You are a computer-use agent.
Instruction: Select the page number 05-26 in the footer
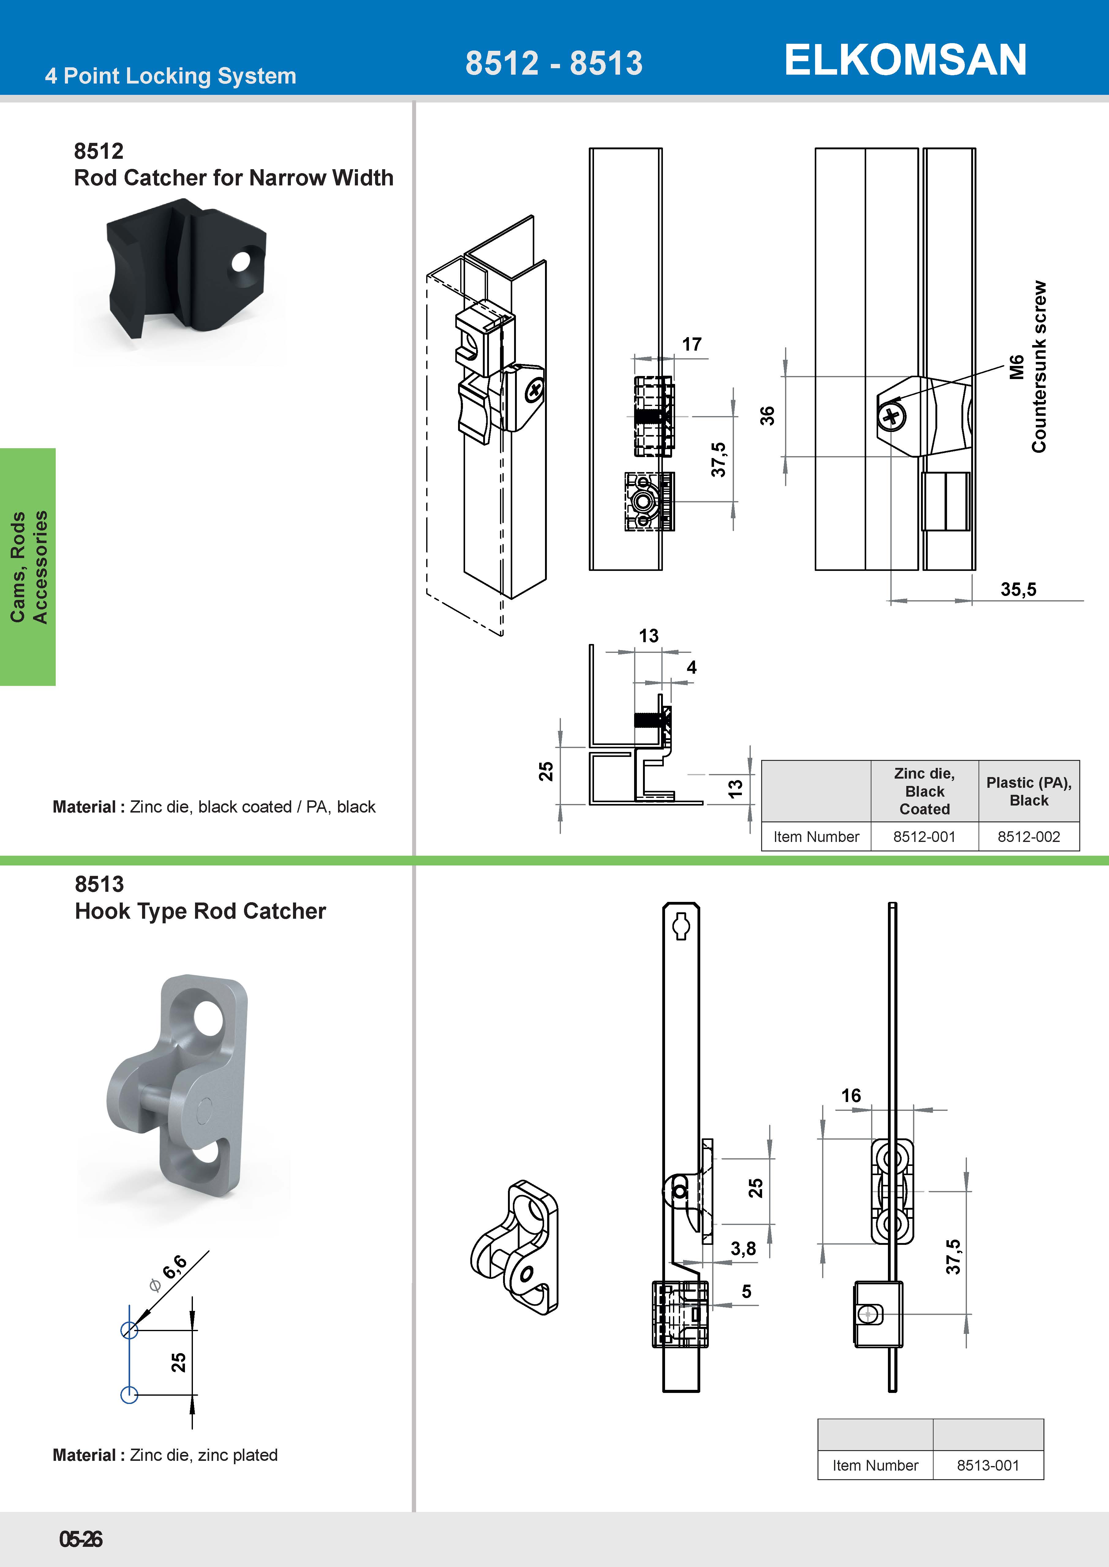coord(81,1539)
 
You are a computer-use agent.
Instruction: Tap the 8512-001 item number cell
coord(924,837)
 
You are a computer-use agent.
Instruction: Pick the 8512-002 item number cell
coord(1028,837)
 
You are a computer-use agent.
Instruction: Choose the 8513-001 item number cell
coord(987,1465)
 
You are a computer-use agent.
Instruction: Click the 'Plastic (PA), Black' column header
coord(1028,792)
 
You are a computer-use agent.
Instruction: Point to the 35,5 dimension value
coord(1018,589)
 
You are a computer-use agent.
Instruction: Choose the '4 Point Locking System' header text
coord(171,76)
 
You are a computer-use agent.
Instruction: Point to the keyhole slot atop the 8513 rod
coord(682,926)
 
